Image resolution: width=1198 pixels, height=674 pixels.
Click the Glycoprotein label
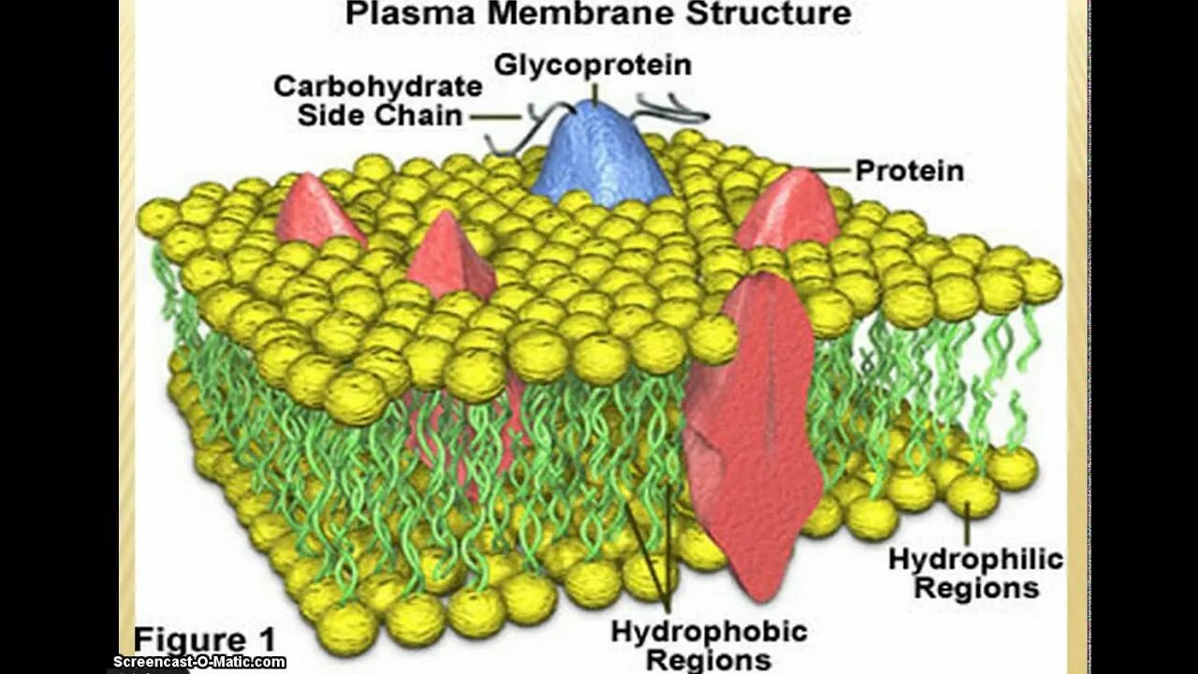coord(592,65)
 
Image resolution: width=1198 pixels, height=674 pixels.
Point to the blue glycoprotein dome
coord(599,154)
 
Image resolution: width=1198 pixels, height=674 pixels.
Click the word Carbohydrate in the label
coord(378,87)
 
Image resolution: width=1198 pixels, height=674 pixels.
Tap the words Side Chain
coord(380,116)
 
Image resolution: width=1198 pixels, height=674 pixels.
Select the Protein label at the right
coord(909,171)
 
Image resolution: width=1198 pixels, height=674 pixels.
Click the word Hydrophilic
coord(975,560)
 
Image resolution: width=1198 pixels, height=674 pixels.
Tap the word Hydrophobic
coord(709,631)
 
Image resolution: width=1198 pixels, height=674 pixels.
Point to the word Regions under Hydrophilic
coord(976,589)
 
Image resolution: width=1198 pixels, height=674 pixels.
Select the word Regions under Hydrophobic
coord(709,660)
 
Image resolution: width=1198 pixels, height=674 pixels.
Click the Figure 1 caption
coord(205,640)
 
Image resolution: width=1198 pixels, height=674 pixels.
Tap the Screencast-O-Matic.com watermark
coord(199,662)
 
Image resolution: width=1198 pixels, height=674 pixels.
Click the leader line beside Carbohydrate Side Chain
coord(495,117)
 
